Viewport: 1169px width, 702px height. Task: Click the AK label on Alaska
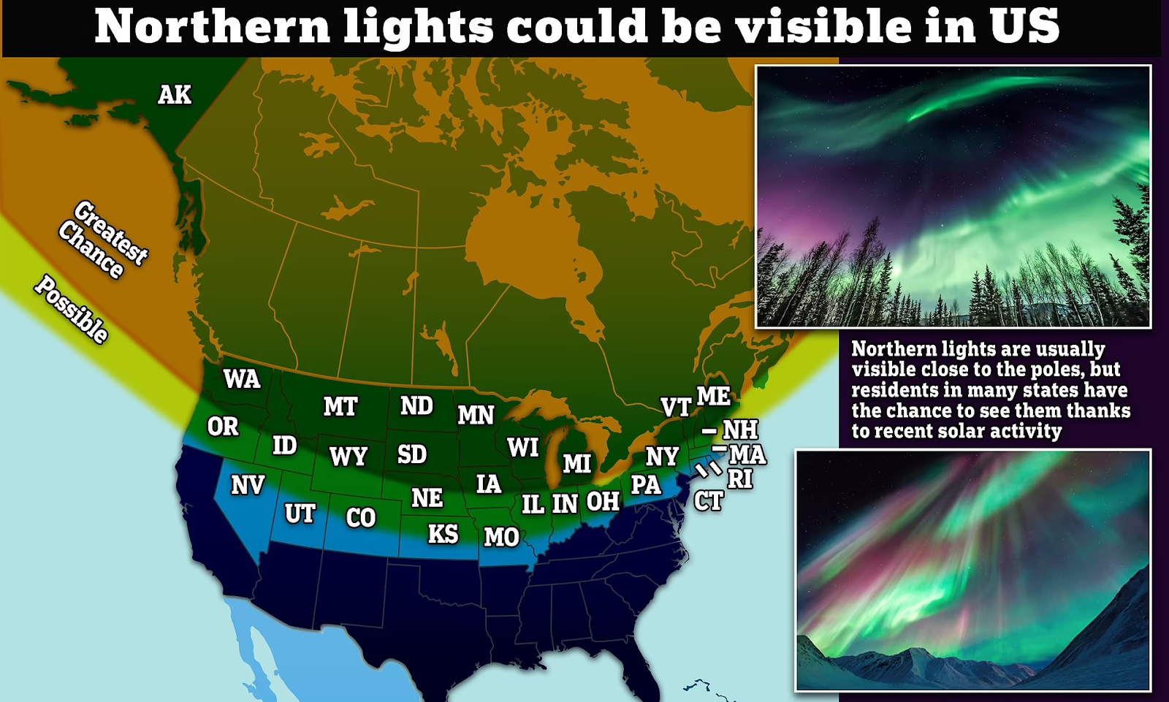click(175, 95)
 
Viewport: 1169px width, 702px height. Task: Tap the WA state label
click(242, 379)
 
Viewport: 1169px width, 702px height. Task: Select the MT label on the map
click(340, 407)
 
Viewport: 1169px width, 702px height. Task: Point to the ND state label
click(416, 406)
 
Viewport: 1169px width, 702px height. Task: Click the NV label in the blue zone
click(248, 485)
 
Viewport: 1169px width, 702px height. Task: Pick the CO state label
click(360, 518)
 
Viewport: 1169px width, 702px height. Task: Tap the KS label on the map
click(443, 534)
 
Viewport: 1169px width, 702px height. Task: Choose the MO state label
click(501, 538)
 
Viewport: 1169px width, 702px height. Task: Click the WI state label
click(523, 447)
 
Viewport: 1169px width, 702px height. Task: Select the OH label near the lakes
click(603, 502)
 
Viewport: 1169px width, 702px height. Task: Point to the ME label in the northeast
click(713, 397)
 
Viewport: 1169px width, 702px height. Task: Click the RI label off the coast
click(739, 479)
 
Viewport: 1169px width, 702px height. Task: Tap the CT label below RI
click(708, 501)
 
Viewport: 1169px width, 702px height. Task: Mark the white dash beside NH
click(709, 431)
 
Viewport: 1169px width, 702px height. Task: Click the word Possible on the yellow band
click(72, 309)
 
